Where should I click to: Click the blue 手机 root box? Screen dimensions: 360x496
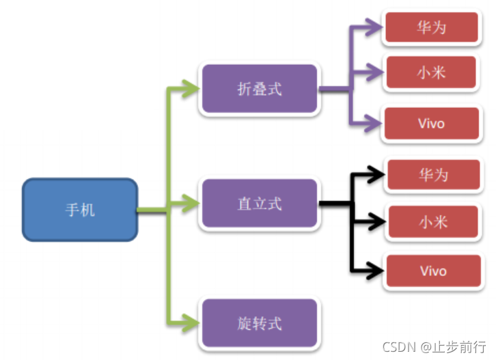80,210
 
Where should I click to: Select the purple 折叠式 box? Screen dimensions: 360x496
259,89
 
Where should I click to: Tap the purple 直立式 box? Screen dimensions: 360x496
259,204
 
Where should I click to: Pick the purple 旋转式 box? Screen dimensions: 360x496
259,322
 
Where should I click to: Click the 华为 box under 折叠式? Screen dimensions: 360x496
431,28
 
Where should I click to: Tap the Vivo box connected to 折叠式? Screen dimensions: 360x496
431,124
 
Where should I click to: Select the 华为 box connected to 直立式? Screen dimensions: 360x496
433,175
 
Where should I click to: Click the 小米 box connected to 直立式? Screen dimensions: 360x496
433,222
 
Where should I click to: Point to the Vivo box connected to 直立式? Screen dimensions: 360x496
433,271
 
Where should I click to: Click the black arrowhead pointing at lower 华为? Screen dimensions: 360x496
375,175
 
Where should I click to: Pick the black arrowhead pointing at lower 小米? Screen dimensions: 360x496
375,221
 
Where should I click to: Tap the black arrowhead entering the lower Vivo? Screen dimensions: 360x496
375,271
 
